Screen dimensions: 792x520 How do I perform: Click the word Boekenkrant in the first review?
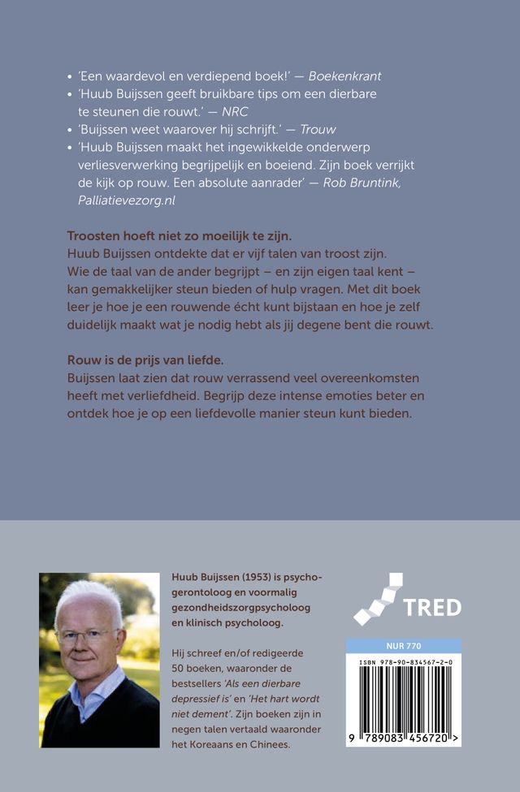[x=345, y=76]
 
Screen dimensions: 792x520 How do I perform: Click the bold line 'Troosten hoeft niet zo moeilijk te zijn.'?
[x=180, y=236]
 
